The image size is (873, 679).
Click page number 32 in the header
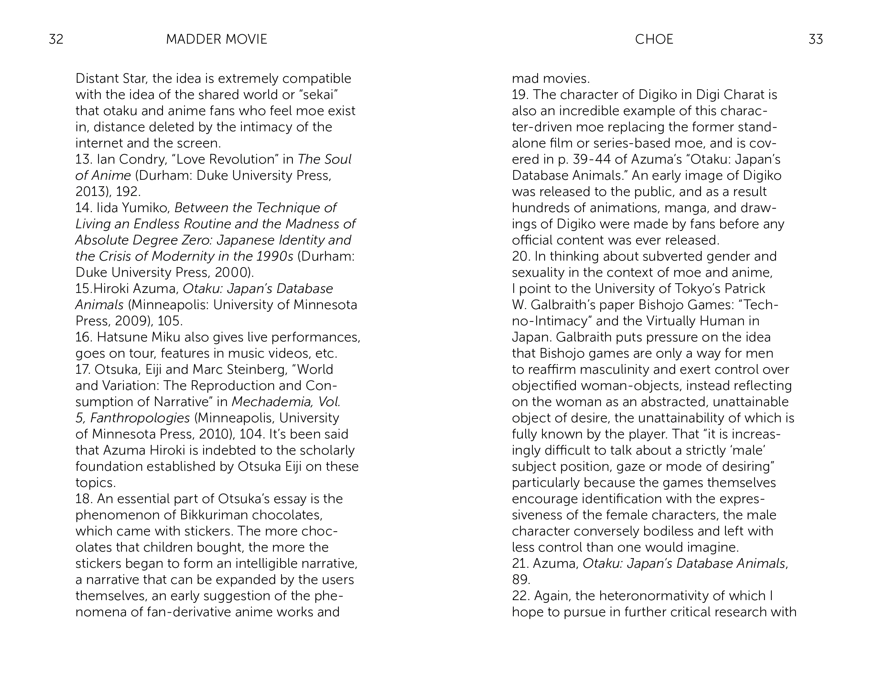[56, 39]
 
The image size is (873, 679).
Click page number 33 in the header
[815, 39]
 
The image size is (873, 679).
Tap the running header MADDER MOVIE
[216, 39]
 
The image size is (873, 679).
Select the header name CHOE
[654, 39]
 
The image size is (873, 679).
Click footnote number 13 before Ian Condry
[83, 159]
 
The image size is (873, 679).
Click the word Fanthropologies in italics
[140, 418]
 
